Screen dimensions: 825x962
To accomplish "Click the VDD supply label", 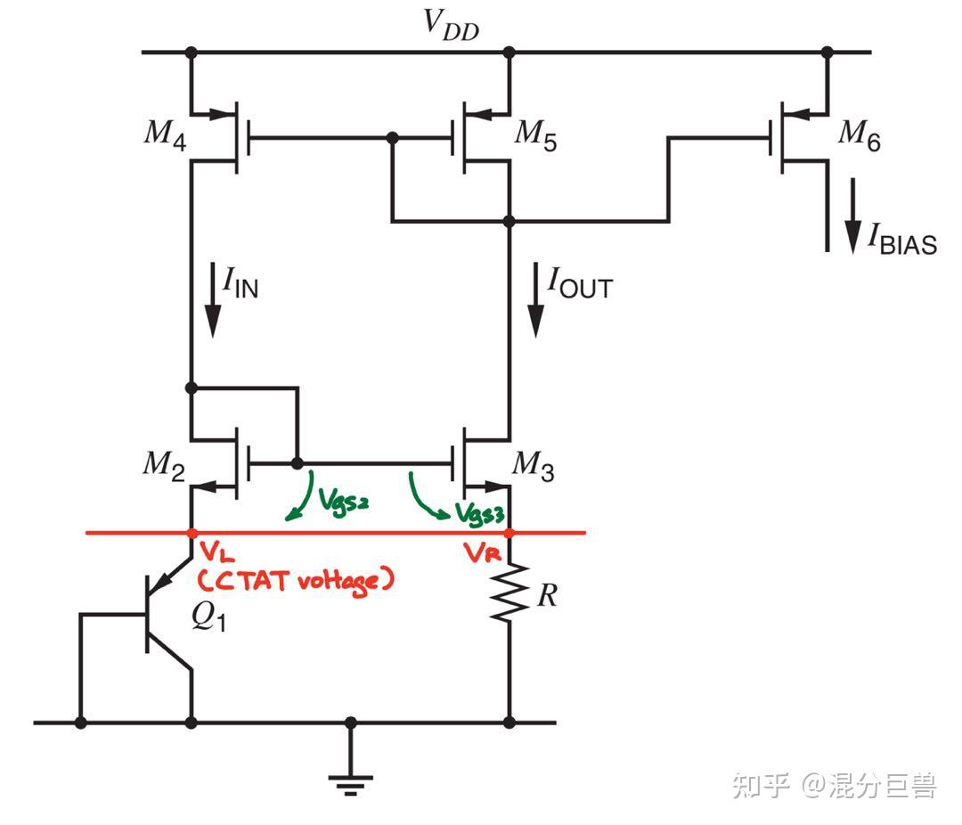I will pyautogui.click(x=450, y=27).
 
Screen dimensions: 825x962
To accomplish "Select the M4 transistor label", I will pyautogui.click(x=166, y=135).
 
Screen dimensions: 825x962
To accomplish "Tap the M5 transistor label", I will pyautogui.click(x=536, y=135).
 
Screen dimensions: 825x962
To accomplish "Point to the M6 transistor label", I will pyautogui.click(x=859, y=135).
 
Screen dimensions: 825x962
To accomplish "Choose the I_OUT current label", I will pyautogui.click(x=580, y=284).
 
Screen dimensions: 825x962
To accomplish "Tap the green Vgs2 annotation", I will pyautogui.click(x=342, y=503).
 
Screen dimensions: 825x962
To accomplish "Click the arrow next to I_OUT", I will pyautogui.click(x=535, y=304).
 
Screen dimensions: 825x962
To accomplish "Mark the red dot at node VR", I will pyautogui.click(x=510, y=533).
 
